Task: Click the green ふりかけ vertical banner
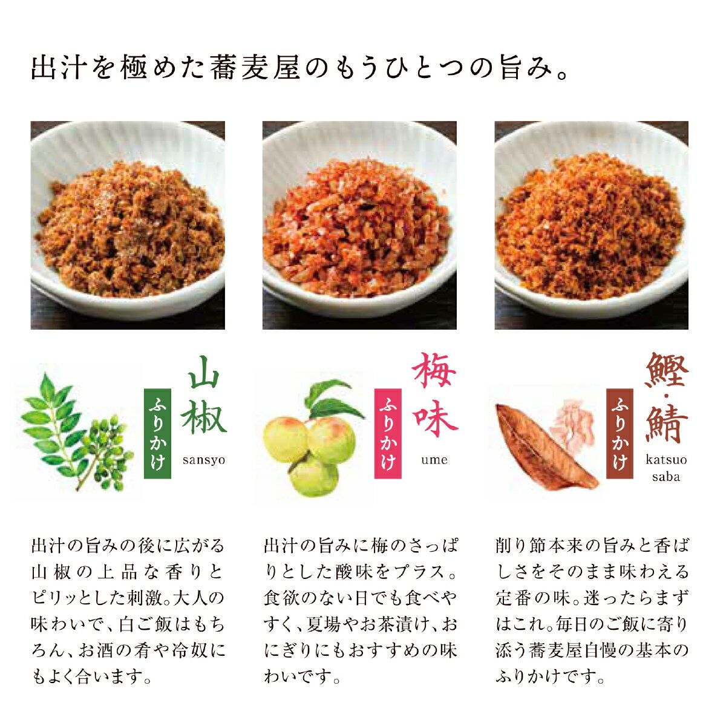pos(157,433)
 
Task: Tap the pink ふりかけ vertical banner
pos(388,433)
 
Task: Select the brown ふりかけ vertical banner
pos(620,433)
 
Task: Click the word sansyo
pos(204,460)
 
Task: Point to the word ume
pos(434,460)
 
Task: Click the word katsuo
pos(666,459)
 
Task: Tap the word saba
pos(666,477)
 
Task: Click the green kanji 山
pos(204,373)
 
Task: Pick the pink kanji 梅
pos(434,370)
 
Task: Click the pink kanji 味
pos(435,417)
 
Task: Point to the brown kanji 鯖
pos(666,423)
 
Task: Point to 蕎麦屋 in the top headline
pos(255,68)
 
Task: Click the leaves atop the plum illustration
pos(332,400)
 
